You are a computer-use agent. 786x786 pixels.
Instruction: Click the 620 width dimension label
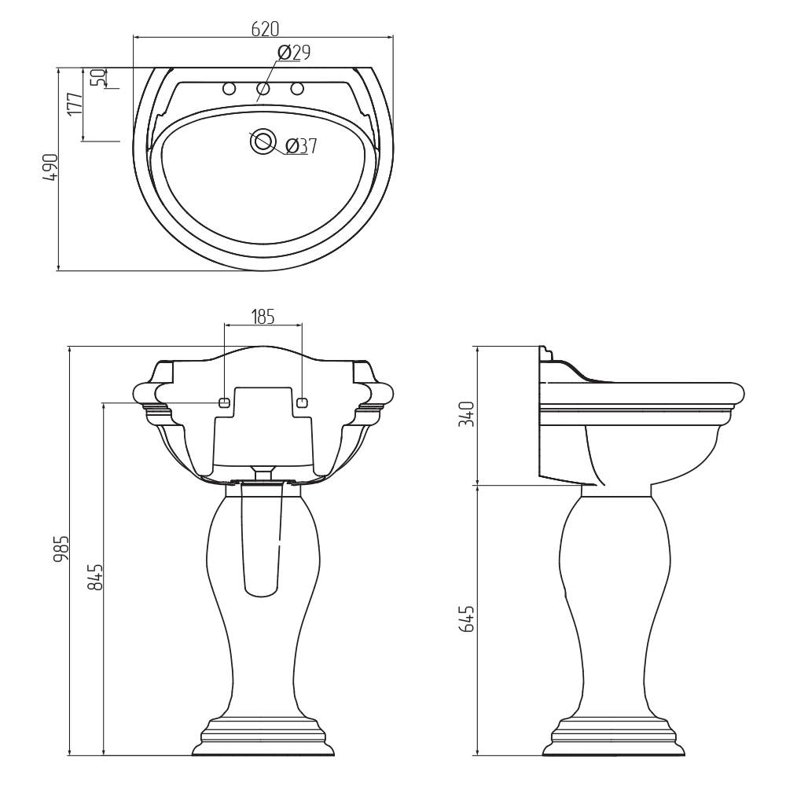coord(265,29)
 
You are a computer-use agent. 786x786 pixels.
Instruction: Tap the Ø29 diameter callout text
coord(294,52)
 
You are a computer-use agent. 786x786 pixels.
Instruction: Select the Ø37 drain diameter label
coord(301,146)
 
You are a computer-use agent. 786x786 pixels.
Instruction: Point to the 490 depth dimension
coord(50,168)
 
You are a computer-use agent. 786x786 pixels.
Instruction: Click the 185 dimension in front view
coord(263,317)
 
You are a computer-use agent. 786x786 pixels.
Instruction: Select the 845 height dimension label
coord(95,576)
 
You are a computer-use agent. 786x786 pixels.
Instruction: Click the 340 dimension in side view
coord(467,413)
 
